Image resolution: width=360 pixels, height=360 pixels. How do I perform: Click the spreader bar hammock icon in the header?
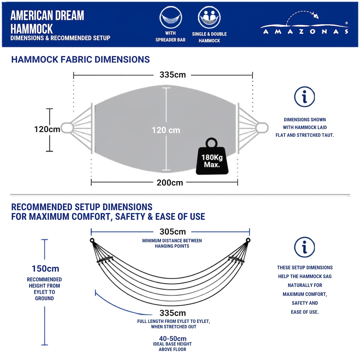click(x=171, y=18)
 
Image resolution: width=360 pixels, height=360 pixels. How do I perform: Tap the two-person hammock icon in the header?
click(x=209, y=18)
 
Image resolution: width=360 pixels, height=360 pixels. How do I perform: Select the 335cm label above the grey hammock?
click(x=172, y=75)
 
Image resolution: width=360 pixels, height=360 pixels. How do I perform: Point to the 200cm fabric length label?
click(x=170, y=183)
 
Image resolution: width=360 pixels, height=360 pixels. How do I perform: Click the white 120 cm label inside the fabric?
click(x=166, y=130)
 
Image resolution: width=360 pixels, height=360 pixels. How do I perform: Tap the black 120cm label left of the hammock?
click(x=47, y=129)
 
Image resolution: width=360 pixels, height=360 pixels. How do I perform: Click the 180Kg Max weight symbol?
click(x=212, y=156)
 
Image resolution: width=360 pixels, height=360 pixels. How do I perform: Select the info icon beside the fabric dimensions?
click(x=304, y=97)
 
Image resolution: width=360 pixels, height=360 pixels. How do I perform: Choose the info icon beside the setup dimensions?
click(x=304, y=247)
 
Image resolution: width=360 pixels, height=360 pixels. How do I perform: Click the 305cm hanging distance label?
click(x=172, y=232)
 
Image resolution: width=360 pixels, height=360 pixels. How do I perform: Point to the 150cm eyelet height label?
click(x=45, y=268)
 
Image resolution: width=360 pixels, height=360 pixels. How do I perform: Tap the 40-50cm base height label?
click(x=172, y=338)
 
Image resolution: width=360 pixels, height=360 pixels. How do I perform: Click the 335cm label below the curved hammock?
click(x=172, y=313)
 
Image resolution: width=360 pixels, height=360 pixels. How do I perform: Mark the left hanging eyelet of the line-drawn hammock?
click(x=92, y=240)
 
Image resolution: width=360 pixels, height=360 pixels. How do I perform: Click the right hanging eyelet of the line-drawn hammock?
click(x=248, y=240)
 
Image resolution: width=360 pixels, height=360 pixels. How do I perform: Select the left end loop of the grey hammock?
click(x=67, y=128)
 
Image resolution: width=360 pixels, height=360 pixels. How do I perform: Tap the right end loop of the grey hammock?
click(x=262, y=128)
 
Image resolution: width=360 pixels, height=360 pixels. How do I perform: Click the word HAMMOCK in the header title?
click(x=31, y=29)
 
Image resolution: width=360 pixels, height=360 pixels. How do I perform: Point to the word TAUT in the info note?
click(x=328, y=135)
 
